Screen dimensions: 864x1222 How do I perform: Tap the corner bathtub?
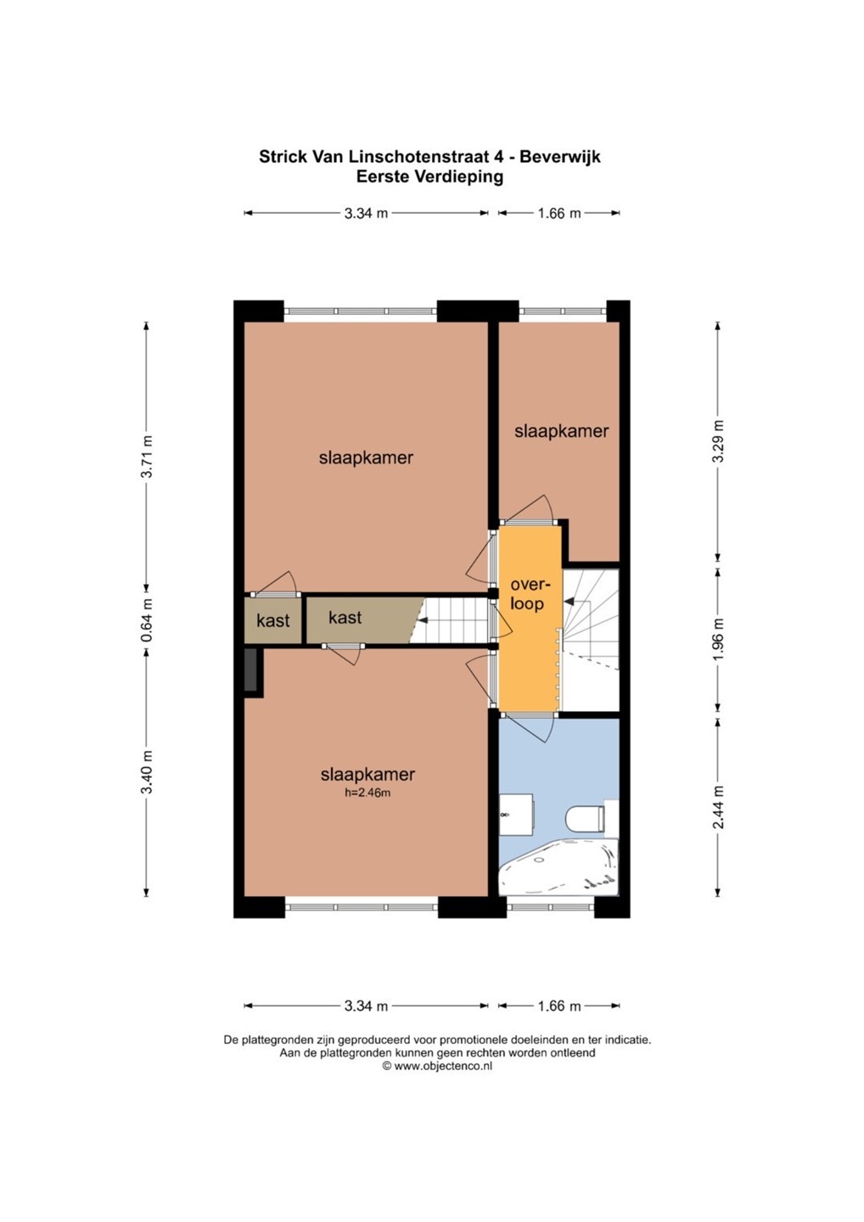[x=559, y=866]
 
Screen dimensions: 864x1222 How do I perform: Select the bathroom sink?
[x=516, y=814]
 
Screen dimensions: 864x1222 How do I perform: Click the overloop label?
[x=527, y=594]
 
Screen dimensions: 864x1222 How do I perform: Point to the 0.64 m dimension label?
[x=146, y=619]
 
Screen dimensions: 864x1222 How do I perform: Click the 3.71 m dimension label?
[x=146, y=456]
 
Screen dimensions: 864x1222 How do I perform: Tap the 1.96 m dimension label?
[x=718, y=638]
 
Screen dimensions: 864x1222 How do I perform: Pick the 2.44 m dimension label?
[x=718, y=807]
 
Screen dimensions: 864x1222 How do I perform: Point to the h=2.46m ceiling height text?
[x=367, y=793]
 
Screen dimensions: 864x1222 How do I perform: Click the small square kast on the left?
[x=272, y=620]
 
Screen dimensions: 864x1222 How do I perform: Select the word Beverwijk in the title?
[x=559, y=156]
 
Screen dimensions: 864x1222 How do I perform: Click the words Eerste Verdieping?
[x=429, y=177]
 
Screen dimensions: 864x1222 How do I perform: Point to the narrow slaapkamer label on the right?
[x=561, y=431]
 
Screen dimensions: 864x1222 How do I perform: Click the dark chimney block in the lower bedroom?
[x=251, y=672]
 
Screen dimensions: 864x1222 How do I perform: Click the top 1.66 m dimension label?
[x=559, y=213]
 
